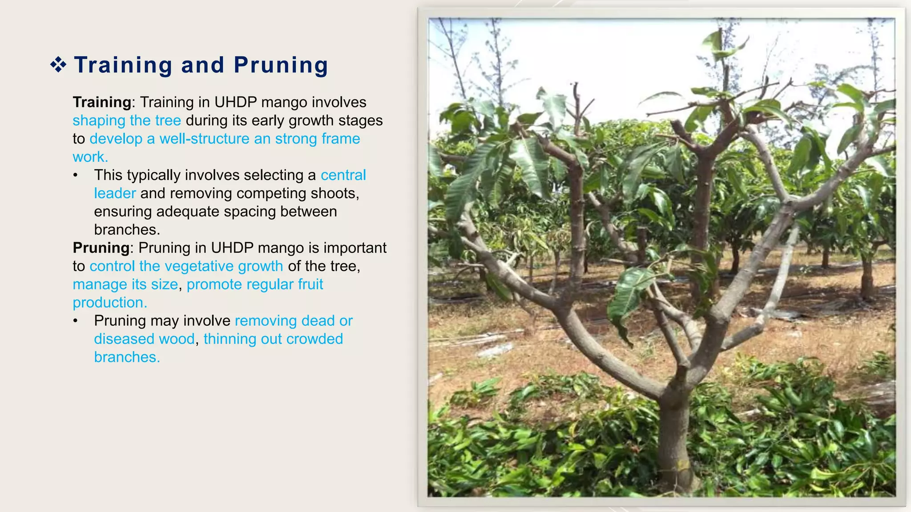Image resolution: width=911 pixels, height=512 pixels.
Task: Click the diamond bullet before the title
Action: (x=58, y=65)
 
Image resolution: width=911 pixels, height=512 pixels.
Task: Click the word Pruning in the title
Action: (x=281, y=65)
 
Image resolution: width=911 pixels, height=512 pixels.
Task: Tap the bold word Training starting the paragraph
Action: (x=102, y=102)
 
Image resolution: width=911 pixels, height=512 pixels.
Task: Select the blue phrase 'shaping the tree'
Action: (x=127, y=120)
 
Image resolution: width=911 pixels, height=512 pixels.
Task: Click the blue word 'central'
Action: (x=343, y=175)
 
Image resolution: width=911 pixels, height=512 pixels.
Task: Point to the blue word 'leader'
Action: (x=115, y=193)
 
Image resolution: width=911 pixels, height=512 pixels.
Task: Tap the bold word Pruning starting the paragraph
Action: (x=101, y=248)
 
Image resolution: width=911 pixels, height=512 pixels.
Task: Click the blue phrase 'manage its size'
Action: (x=125, y=284)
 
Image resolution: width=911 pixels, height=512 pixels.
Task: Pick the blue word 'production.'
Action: (x=110, y=302)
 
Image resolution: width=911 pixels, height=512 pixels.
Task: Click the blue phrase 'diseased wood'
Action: (x=145, y=339)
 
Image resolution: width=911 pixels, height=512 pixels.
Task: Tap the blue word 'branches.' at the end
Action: (x=127, y=357)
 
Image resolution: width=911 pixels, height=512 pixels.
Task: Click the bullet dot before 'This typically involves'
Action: (x=76, y=176)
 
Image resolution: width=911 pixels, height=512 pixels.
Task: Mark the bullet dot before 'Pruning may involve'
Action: (x=76, y=321)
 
